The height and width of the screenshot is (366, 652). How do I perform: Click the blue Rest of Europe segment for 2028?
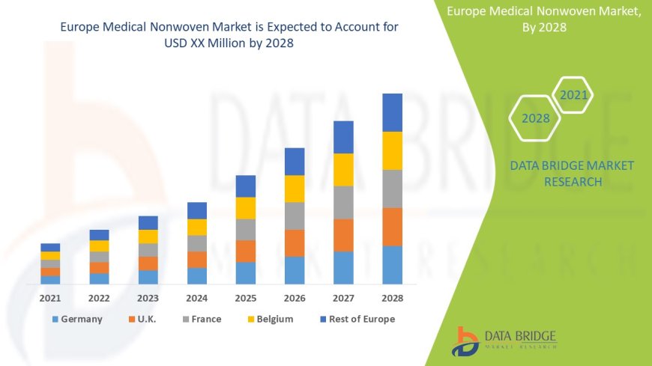coord(392,112)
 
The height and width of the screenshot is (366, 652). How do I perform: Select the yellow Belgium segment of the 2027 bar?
coord(343,169)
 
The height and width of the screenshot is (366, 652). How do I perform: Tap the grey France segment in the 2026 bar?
coord(295,216)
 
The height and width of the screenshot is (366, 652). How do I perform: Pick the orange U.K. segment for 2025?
coord(246,251)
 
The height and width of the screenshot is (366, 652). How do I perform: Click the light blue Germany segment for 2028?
coord(392,265)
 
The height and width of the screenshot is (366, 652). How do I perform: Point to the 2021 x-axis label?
coord(50,298)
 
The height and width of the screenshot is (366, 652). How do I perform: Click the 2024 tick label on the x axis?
coord(196,298)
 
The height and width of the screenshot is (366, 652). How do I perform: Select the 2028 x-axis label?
coord(392,298)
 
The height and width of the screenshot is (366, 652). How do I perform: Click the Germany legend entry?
coord(76,319)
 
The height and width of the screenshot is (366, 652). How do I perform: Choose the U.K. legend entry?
coord(142,319)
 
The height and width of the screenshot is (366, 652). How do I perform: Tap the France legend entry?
coord(200,319)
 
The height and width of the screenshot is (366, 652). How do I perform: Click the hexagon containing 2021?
coord(573,95)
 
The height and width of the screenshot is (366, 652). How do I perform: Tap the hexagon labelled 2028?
coord(536,118)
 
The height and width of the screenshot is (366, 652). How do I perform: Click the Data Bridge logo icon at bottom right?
coord(466,341)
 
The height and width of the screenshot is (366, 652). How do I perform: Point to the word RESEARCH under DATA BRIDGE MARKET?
coord(572,182)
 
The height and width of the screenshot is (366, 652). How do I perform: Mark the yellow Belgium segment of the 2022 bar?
coord(99,245)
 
